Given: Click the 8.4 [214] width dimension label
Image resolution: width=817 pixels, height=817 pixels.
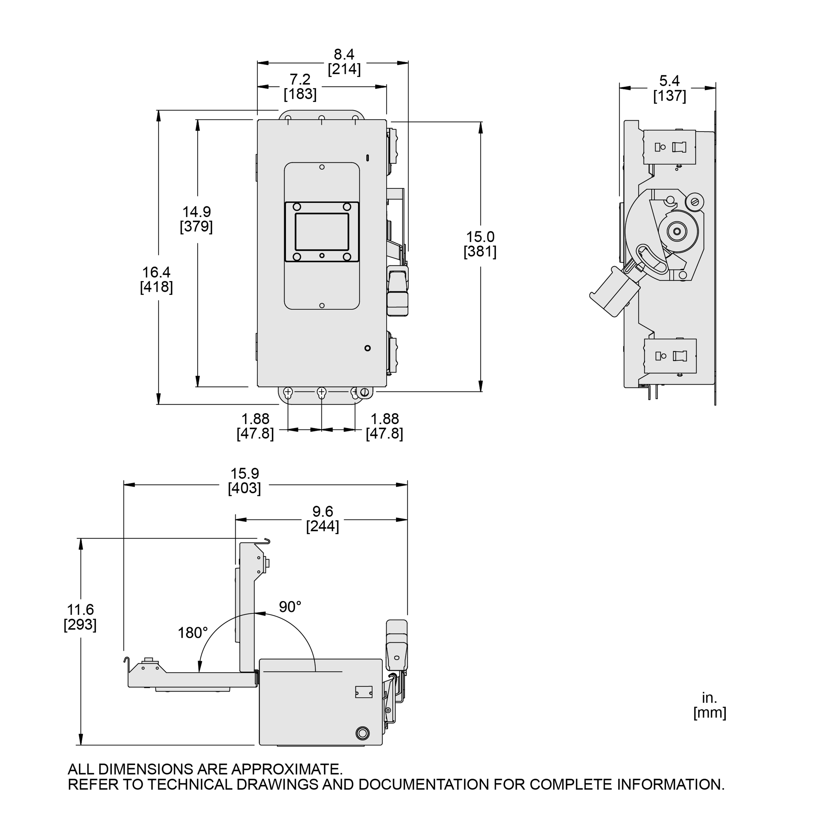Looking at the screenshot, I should tap(344, 62).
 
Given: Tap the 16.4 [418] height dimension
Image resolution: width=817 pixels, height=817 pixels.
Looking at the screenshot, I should tap(156, 280).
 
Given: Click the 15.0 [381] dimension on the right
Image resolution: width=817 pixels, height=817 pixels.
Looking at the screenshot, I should tap(480, 244).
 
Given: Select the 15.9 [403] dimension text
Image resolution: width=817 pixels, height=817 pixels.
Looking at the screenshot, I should tap(244, 481).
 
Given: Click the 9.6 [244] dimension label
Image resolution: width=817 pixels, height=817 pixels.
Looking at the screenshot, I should tap(323, 519).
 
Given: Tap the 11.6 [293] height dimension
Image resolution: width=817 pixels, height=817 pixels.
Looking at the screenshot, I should tap(80, 617).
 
